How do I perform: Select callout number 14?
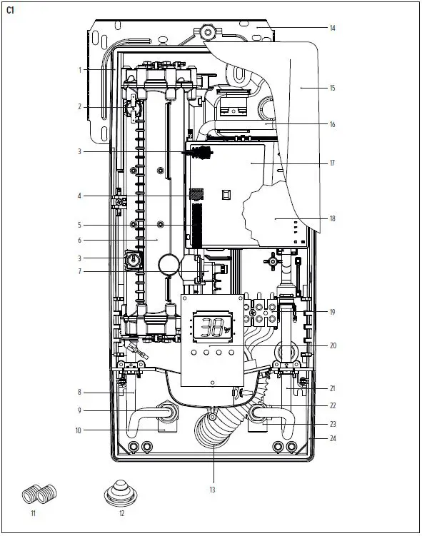332,29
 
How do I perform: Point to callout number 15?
332,88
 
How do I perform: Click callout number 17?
332,163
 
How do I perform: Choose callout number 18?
332,218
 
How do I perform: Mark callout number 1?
81,69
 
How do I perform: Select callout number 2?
81,107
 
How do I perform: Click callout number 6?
81,241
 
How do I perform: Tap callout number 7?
81,271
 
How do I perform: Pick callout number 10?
79,430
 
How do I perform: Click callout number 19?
332,312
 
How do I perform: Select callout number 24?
332,438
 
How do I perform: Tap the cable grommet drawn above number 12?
121,492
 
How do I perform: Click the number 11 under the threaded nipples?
33,513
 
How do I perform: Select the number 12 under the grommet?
121,513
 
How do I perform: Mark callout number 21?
332,388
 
